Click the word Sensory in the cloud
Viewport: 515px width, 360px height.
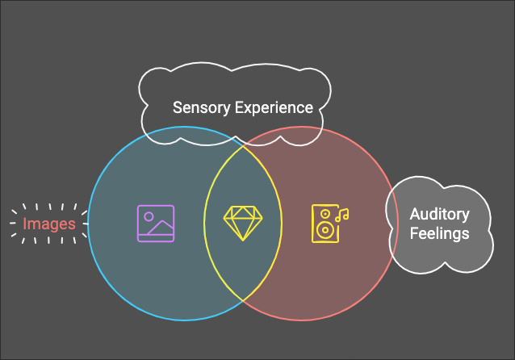point(201,107)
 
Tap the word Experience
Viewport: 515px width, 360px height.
point(274,107)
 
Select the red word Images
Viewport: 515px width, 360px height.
point(49,224)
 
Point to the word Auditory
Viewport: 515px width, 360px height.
point(438,215)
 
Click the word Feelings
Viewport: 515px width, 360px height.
point(438,233)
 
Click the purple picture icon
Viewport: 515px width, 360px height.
point(156,224)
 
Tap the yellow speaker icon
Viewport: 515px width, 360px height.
point(324,224)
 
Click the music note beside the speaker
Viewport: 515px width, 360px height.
point(342,215)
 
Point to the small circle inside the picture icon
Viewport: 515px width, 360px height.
point(149,216)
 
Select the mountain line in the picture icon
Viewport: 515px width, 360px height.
point(161,227)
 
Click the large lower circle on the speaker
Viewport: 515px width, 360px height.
point(324,230)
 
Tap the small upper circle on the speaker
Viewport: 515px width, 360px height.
point(324,214)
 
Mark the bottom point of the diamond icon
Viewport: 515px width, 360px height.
point(242,240)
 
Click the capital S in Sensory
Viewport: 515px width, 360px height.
point(178,107)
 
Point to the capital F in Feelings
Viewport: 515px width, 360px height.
point(412,233)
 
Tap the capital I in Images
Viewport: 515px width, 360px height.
point(24,224)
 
